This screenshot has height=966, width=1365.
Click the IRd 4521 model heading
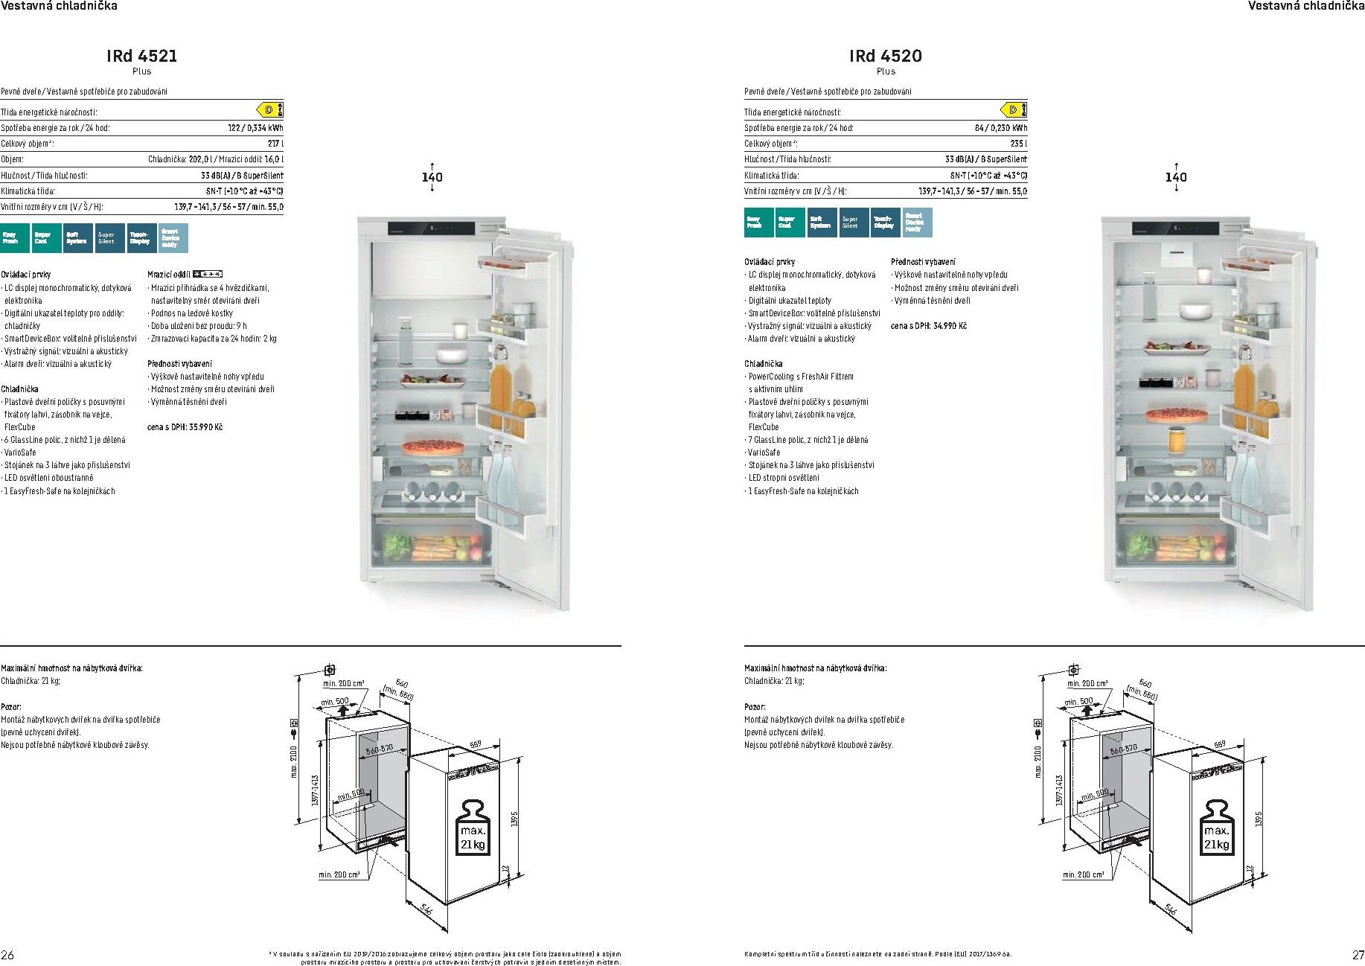coord(141,56)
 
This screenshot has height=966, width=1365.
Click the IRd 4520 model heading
coord(885,56)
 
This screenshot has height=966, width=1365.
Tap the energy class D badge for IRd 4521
coord(270,110)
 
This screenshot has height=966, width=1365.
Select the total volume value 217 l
coord(275,144)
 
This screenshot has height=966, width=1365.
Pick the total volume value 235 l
coord(1018,144)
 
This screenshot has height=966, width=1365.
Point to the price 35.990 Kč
coord(185,427)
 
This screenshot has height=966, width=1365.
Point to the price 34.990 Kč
coord(928,326)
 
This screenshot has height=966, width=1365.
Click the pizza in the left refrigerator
coord(422,447)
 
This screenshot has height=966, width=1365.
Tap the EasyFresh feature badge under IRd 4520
coord(758,223)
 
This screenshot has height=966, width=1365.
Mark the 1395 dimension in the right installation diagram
coord(1259,819)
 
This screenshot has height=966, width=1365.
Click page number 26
coord(8,955)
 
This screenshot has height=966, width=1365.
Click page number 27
coord(1358,955)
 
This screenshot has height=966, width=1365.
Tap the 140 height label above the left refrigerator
coord(432,177)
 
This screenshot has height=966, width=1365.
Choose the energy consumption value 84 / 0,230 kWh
coord(1000,128)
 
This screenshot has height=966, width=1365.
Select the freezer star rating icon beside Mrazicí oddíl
coord(208,274)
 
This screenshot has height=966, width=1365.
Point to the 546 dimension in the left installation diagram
coord(426,909)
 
